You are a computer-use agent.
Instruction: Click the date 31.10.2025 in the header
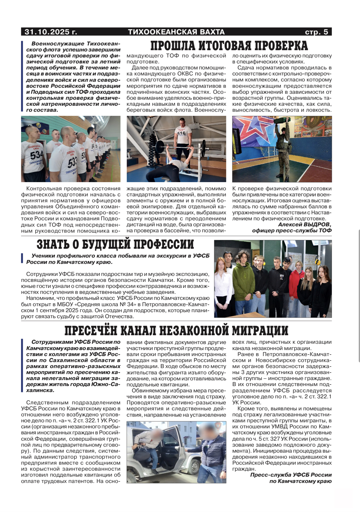tap(50, 32)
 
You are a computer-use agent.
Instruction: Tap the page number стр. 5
tap(316, 32)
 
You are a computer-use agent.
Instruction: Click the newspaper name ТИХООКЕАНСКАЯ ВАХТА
tap(176, 32)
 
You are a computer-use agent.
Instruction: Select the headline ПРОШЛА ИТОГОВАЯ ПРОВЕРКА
tap(229, 46)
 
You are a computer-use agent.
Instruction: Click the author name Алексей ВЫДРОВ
tap(304, 224)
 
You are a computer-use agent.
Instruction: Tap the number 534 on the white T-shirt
tap(36, 155)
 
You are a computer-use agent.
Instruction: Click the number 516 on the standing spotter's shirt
tap(181, 133)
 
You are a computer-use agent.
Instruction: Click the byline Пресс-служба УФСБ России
tap(291, 475)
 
